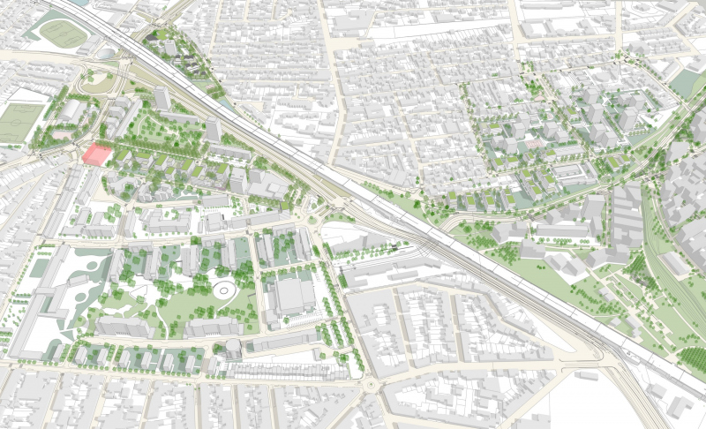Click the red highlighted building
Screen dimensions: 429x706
point(96,154)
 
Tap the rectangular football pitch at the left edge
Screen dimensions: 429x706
point(20,123)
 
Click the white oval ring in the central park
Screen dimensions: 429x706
point(222,290)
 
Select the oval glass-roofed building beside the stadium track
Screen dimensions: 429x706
point(106,54)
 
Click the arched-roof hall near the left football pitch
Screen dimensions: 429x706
point(71,110)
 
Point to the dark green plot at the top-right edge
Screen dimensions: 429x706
point(686,82)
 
